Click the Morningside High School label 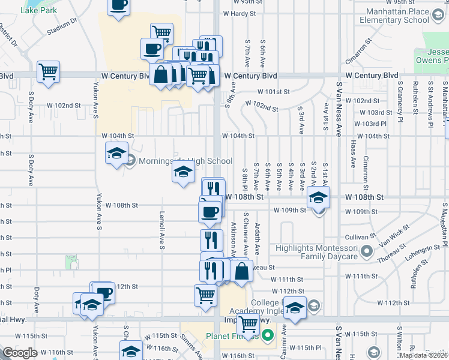185,161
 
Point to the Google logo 19,353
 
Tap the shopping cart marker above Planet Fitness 248,324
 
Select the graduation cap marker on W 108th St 318,196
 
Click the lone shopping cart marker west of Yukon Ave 48,71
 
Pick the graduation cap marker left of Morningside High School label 116,153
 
